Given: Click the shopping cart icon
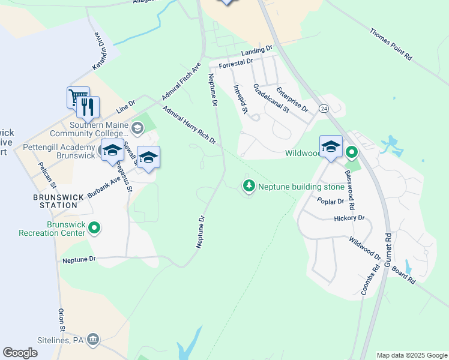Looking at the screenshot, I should (77, 97).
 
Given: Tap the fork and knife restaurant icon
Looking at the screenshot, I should (88, 106).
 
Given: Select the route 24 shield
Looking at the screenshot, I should (324, 109).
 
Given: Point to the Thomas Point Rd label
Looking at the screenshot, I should (390, 44).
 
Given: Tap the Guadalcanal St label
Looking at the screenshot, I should (271, 98).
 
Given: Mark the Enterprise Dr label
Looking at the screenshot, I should (292, 100).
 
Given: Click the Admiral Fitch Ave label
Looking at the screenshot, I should (181, 81).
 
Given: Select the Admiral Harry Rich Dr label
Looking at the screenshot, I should (189, 125).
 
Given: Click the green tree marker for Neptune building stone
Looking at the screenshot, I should (249, 186).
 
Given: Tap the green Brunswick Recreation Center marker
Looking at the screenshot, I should (94, 228).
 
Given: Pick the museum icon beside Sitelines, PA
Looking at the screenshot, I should (93, 340).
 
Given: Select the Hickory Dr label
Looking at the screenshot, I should (349, 218).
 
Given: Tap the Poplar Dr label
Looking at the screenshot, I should (331, 202).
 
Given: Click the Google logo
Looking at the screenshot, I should (20, 353).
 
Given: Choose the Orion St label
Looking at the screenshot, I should (61, 320).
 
